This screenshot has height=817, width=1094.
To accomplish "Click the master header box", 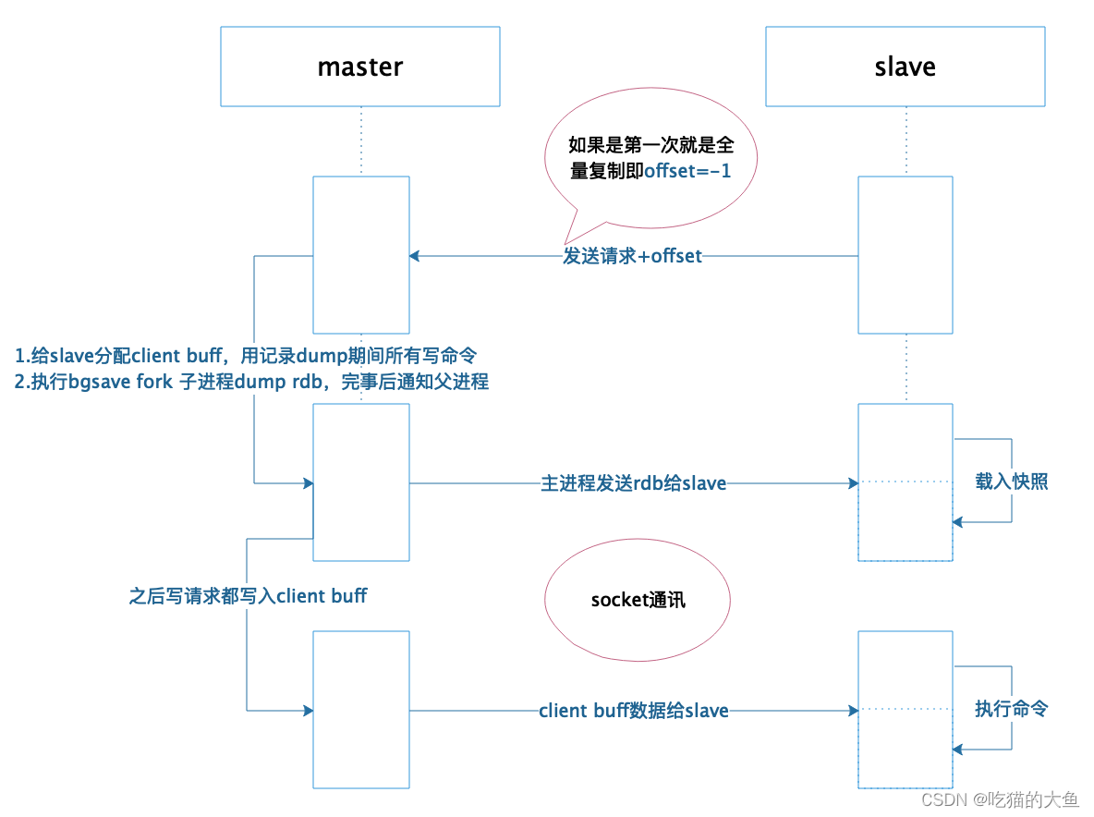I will click(360, 67).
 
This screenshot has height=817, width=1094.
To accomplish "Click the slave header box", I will click(905, 67).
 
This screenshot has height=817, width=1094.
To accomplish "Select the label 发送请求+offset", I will click(633, 256).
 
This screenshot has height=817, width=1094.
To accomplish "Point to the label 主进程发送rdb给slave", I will click(634, 482).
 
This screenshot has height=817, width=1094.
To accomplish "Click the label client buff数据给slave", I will click(634, 711).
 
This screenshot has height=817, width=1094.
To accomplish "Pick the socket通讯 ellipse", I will click(638, 600).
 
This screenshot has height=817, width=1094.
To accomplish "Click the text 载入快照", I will click(1011, 482).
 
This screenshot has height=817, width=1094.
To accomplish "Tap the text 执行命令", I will click(1011, 710).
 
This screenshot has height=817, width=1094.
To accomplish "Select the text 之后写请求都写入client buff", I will click(248, 596).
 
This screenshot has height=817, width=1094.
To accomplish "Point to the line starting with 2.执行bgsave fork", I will click(251, 381).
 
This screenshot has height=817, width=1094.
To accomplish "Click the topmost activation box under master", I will click(361, 254).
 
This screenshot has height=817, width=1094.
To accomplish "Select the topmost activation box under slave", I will click(906, 254).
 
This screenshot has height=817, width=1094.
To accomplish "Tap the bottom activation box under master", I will click(361, 709).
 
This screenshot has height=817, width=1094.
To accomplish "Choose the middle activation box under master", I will click(361, 482).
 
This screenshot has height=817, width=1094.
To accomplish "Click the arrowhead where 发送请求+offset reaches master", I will click(415, 256).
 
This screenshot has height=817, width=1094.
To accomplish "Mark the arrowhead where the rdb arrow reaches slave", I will click(852, 482).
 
